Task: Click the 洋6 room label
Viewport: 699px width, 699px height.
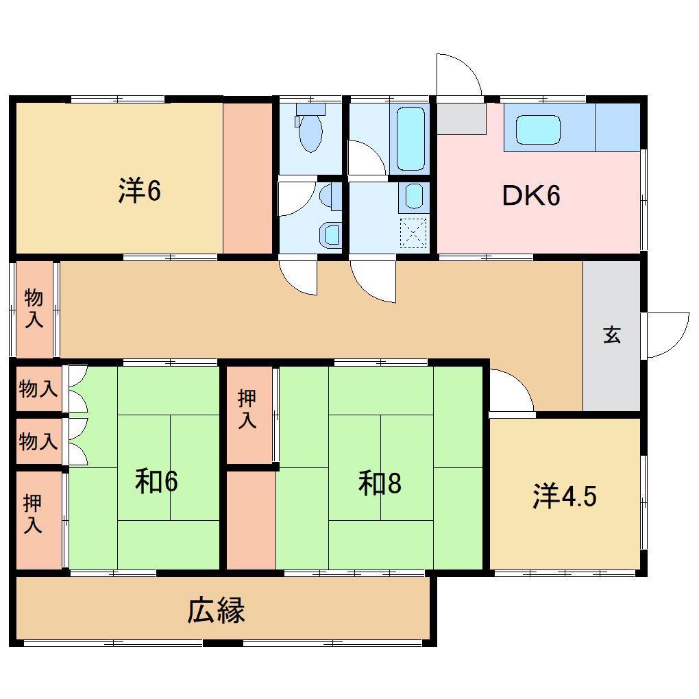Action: click(139, 191)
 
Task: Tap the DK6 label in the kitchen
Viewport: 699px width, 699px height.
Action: click(532, 196)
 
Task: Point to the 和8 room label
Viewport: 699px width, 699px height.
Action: click(379, 484)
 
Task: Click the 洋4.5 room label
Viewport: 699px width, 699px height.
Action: click(565, 497)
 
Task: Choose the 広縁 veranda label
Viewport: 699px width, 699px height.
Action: click(217, 610)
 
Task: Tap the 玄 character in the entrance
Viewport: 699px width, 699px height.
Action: click(612, 335)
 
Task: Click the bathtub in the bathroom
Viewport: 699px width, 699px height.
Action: click(411, 138)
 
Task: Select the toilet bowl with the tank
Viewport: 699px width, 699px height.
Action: click(310, 128)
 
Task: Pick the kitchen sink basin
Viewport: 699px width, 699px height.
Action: click(538, 130)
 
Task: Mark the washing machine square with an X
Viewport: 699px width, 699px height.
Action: click(414, 232)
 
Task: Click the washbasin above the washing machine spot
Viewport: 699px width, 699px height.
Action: click(414, 197)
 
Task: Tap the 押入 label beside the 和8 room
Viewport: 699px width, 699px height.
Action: click(248, 409)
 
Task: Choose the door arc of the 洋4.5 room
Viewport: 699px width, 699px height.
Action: click(511, 392)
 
